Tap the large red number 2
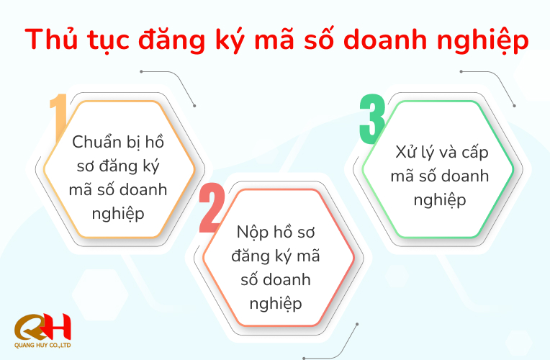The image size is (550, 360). pos(212,210)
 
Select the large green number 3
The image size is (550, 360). pos(372,118)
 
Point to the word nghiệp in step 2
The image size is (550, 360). pos(276,302)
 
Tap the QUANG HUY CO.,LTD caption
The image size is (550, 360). pos(42,345)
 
